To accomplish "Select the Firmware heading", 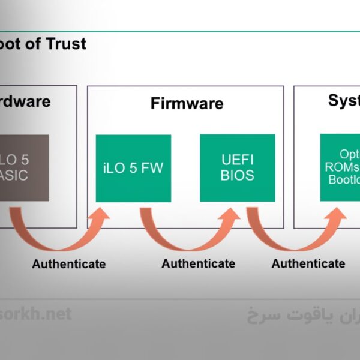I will pyautogui.click(x=187, y=103).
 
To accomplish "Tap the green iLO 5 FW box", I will pyautogui.click(x=133, y=168).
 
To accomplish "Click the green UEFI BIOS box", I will pyautogui.click(x=237, y=168).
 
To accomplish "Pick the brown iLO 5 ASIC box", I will pyautogui.click(x=24, y=167).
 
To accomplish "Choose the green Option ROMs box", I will pyautogui.click(x=340, y=167).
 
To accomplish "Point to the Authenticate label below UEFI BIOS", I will pyautogui.click(x=308, y=263).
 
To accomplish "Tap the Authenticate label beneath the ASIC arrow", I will pyautogui.click(x=68, y=263).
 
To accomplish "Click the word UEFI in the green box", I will pyautogui.click(x=237, y=161).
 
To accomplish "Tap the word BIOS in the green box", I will pyautogui.click(x=237, y=176).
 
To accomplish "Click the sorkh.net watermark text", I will pyautogui.click(x=36, y=314).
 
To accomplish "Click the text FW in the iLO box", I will pyautogui.click(x=151, y=168).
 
